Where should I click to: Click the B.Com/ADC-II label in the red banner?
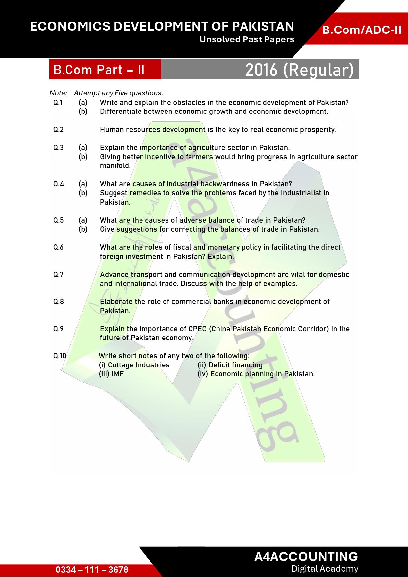click(x=362, y=30)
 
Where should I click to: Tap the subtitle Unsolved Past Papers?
click(x=247, y=40)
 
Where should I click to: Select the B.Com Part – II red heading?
click(x=99, y=70)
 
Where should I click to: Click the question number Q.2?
click(x=58, y=130)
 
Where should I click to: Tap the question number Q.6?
click(x=58, y=247)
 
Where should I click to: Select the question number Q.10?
click(x=60, y=356)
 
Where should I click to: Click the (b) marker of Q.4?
click(x=83, y=193)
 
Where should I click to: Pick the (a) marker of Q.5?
click(x=83, y=220)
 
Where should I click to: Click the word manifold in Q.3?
click(x=115, y=166)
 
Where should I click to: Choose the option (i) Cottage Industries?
click(x=134, y=365)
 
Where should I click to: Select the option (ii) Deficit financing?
click(x=230, y=365)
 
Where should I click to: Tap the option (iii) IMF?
click(x=111, y=374)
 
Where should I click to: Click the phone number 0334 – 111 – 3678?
click(x=92, y=569)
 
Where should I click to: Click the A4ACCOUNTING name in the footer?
click(x=306, y=556)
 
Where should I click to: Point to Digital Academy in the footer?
click(x=324, y=569)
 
